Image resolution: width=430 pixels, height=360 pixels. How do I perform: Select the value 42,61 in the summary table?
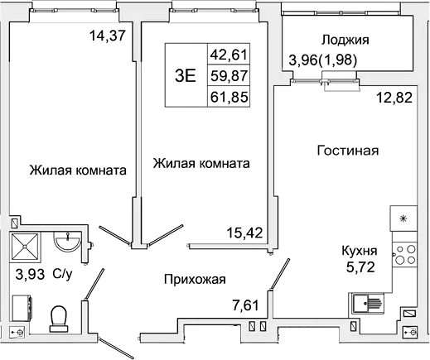[230, 56]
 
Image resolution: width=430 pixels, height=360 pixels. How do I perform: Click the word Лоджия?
[345, 39]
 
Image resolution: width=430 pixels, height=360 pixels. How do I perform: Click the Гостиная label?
[348, 151]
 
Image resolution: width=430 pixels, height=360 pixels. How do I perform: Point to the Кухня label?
[360, 251]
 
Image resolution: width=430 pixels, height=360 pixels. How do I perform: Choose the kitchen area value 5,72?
[360, 267]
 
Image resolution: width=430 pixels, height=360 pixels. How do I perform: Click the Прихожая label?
[195, 280]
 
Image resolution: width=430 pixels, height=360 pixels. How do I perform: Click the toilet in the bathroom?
[59, 317]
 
